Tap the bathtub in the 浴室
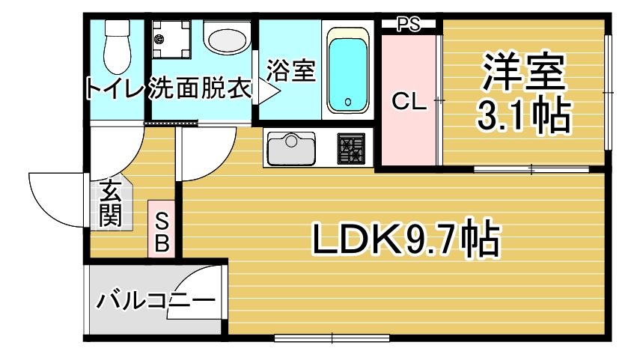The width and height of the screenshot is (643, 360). click(x=348, y=70)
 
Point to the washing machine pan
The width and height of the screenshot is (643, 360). click(x=171, y=39)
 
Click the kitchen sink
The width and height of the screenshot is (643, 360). click(x=291, y=148)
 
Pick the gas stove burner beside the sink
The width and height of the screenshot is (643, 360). click(x=351, y=148)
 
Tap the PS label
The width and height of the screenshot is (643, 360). click(x=409, y=25)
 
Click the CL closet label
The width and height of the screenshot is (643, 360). click(x=409, y=101)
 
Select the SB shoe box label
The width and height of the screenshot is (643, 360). click(x=162, y=233)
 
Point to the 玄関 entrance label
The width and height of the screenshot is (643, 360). click(x=111, y=203)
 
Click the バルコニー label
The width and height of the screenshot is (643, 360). click(x=156, y=301)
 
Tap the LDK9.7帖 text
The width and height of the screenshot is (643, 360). click(x=406, y=239)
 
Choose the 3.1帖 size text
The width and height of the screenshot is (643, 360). click(x=524, y=115)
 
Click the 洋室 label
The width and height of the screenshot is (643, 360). click(x=524, y=72)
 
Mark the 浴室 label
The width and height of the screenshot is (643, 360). click(x=290, y=70)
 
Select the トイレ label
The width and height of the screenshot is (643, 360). click(x=115, y=88)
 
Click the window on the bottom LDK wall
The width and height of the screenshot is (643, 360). click(x=332, y=338)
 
